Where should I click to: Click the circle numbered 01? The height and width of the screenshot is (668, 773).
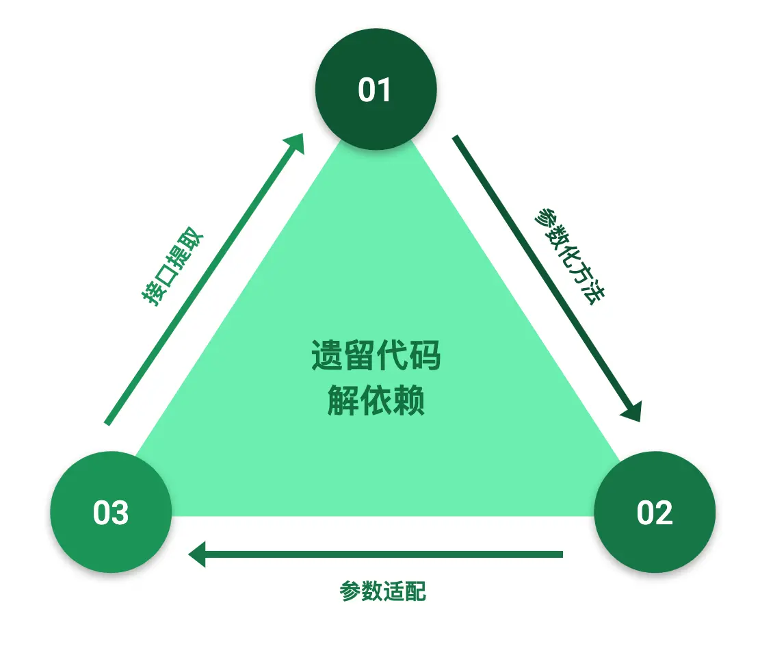click(x=376, y=90)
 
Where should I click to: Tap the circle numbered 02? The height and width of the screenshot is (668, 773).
click(x=655, y=512)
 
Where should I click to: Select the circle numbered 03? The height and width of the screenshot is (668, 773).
click(x=111, y=512)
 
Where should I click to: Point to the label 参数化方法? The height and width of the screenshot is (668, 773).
click(x=569, y=256)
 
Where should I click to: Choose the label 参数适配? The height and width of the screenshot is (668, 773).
click(x=383, y=591)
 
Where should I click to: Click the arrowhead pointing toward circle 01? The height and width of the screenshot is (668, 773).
click(x=295, y=142)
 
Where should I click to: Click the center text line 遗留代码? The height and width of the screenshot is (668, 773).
click(x=376, y=356)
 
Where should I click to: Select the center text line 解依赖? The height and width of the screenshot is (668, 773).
click(x=376, y=400)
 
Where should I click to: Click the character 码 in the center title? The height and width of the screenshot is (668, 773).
click(x=425, y=356)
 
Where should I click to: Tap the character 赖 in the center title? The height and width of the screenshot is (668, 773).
click(x=409, y=400)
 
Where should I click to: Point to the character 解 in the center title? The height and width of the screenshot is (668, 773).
click(x=343, y=400)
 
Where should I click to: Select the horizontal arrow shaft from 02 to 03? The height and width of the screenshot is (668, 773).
click(x=383, y=554)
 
